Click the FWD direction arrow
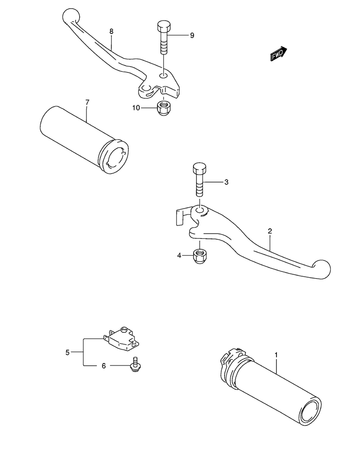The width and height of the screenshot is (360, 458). (278, 54)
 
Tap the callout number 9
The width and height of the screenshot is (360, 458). (192, 35)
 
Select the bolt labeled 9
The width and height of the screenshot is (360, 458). (164, 37)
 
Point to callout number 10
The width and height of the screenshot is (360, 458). (136, 108)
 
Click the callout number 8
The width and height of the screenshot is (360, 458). (111, 31)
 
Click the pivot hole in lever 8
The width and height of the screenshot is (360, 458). (163, 76)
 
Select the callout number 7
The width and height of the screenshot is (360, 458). (87, 102)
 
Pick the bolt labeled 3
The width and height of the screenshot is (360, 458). (199, 180)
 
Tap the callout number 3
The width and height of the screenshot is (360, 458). (226, 182)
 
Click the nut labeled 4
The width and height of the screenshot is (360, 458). (200, 256)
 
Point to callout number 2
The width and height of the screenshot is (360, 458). (270, 231)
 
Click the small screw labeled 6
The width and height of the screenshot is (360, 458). (135, 365)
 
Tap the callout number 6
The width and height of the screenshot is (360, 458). (104, 366)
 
